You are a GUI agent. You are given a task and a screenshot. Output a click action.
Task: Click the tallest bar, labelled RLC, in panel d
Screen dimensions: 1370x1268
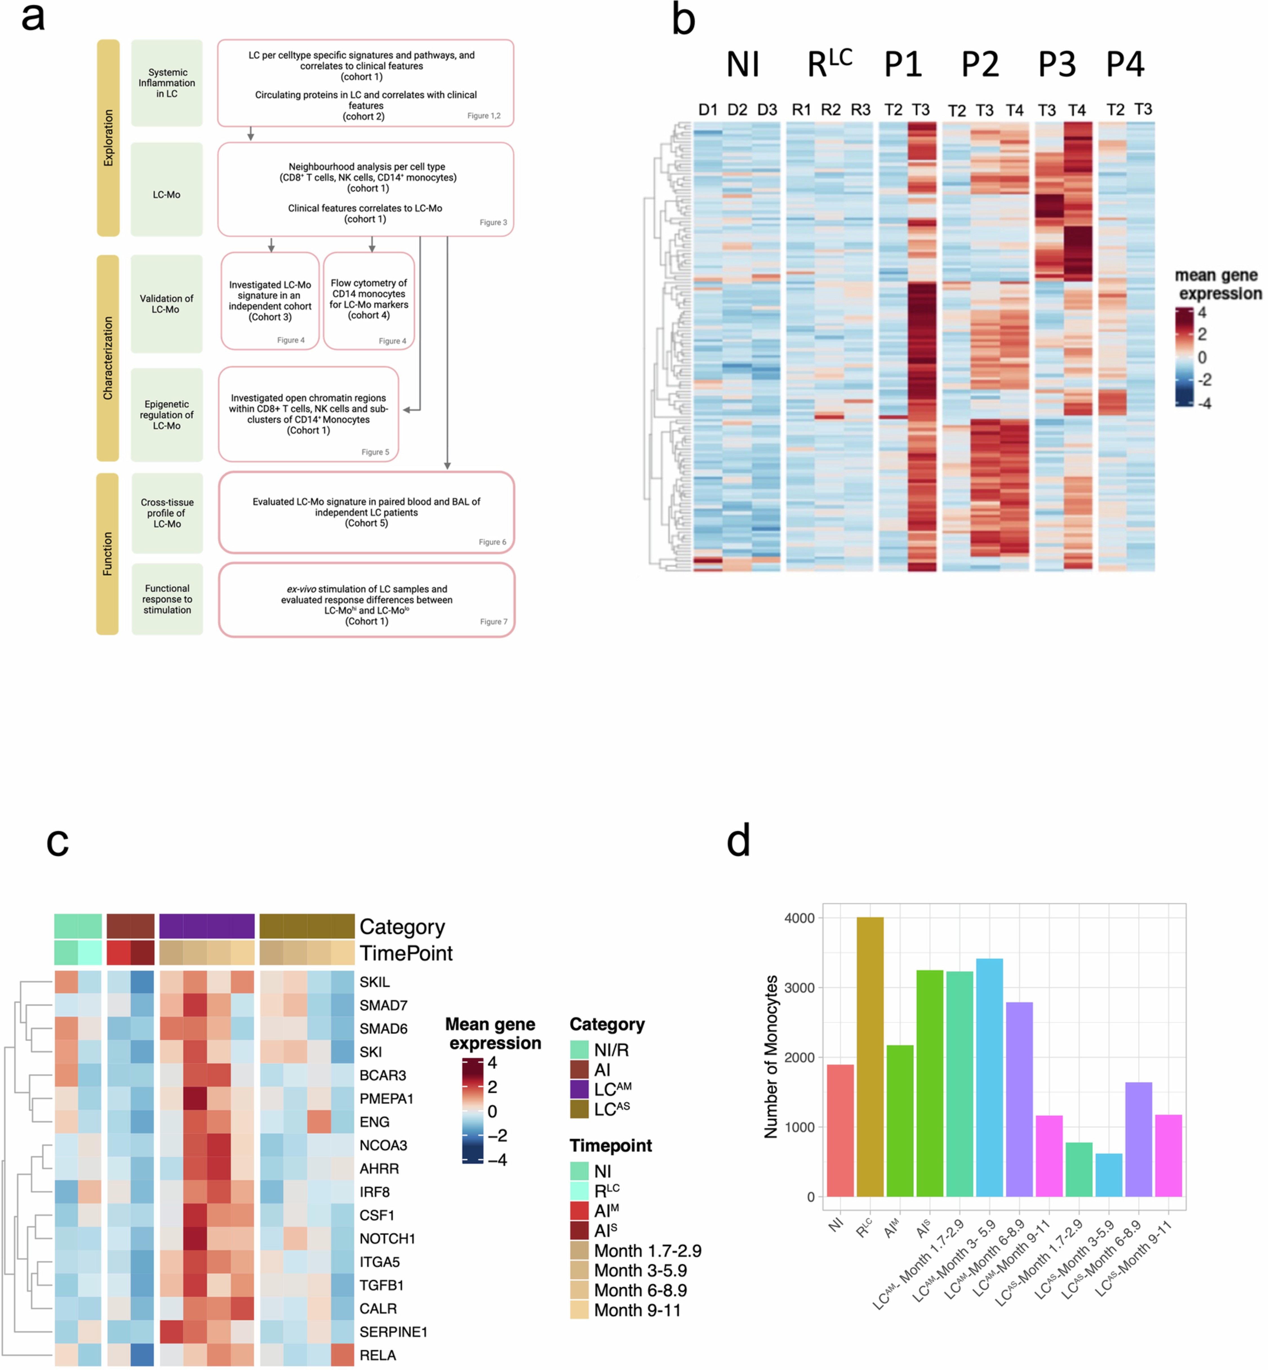pos(870,1057)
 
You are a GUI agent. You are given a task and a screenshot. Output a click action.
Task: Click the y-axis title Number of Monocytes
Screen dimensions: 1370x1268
pos(771,1057)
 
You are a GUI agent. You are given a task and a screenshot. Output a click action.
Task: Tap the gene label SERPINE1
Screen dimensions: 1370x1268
pos(393,1332)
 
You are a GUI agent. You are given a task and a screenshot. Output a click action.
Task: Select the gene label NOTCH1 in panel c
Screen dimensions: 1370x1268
pos(387,1238)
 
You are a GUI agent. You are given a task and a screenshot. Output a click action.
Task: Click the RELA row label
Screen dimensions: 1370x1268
pos(377,1355)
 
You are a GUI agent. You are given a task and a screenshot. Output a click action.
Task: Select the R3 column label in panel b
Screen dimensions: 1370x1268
pos(860,110)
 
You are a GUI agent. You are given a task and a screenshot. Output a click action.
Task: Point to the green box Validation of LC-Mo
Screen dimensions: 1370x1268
pos(167,304)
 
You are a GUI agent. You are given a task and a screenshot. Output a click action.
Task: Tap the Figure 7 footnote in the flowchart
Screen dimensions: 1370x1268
pos(493,621)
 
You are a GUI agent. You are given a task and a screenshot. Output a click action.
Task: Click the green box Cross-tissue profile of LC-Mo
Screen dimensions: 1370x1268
pos(167,513)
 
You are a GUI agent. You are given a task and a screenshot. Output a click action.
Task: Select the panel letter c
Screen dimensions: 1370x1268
pos(58,841)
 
